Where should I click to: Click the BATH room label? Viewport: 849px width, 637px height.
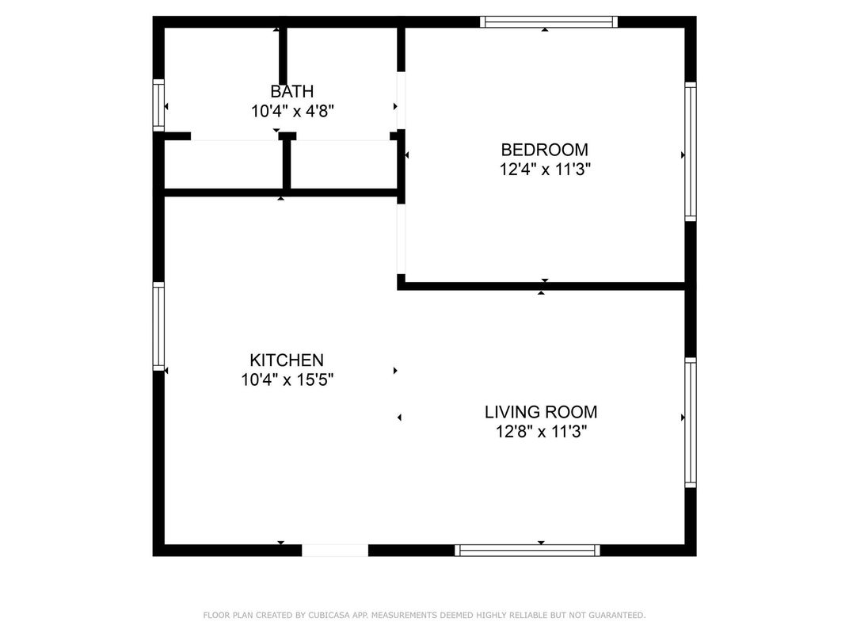[291, 91]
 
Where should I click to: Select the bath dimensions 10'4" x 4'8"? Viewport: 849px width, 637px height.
[292, 111]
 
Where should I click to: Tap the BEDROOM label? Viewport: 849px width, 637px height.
[544, 149]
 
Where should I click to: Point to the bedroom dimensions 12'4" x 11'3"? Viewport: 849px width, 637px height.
[544, 169]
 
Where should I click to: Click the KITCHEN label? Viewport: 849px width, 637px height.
[287, 360]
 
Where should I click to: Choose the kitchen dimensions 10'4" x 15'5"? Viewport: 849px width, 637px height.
[287, 380]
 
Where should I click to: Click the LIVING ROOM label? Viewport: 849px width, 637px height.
[540, 412]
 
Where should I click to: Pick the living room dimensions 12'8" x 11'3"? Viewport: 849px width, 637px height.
[540, 432]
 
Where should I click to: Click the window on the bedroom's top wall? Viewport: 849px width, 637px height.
[550, 22]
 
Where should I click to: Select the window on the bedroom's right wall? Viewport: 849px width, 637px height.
[691, 151]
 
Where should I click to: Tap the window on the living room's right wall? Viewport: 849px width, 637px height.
[691, 422]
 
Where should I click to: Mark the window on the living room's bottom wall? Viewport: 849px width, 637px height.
[528, 550]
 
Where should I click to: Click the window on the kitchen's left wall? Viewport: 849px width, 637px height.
[158, 326]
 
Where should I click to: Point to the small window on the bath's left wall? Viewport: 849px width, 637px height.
[158, 105]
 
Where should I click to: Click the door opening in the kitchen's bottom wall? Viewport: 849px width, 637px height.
[335, 550]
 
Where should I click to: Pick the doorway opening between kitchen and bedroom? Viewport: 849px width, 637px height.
[402, 238]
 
